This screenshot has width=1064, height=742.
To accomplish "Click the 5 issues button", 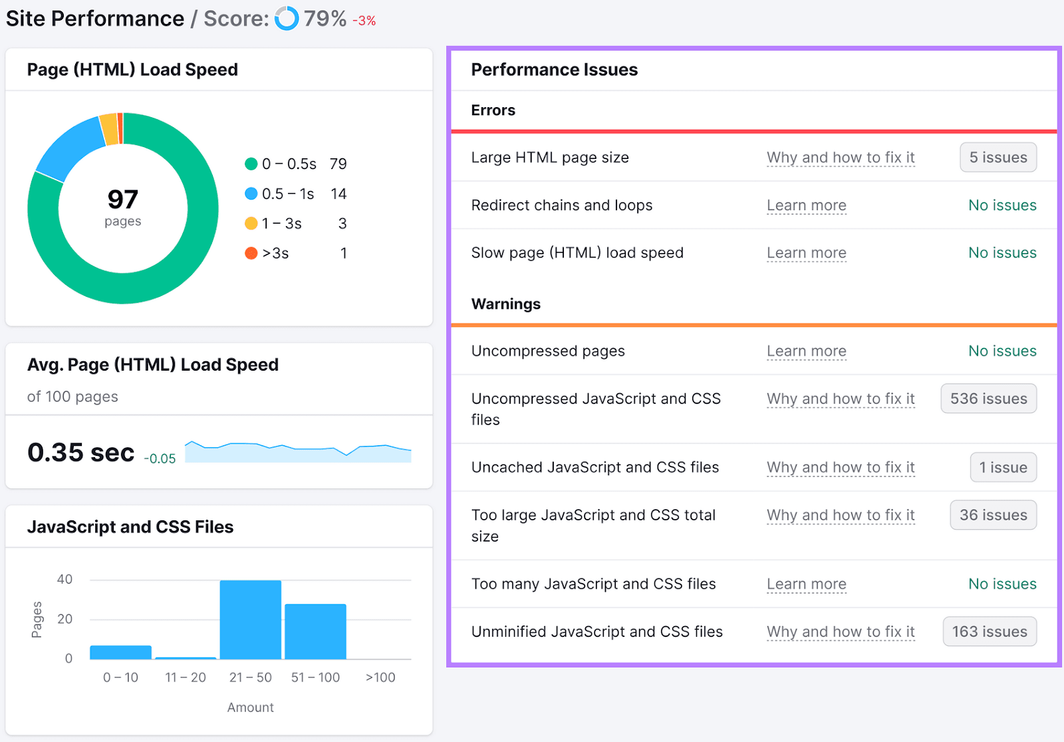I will [997, 158].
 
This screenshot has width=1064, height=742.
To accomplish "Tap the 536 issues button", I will [988, 399].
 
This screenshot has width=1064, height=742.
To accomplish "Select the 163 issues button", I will [989, 632].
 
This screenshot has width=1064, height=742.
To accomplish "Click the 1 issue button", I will [1003, 467].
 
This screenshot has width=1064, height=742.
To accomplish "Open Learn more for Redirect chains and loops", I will [806, 206].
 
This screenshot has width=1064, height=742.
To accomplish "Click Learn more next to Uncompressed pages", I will [806, 351].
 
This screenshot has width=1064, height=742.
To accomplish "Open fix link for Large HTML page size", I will [841, 158].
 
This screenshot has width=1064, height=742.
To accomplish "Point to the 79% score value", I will [325, 19].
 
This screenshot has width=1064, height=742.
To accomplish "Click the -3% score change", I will [364, 21].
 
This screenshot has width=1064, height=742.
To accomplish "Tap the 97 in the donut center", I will [123, 200].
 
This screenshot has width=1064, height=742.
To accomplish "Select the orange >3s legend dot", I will [251, 253].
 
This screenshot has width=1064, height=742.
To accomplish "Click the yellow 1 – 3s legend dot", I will [251, 224].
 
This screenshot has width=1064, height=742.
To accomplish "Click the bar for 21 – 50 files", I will [250, 620].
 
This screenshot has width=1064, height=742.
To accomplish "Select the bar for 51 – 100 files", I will [315, 632].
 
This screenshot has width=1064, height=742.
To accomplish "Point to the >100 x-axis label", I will [380, 677].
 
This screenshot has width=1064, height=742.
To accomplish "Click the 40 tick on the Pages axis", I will [65, 580].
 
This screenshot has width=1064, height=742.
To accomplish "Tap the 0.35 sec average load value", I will [80, 453].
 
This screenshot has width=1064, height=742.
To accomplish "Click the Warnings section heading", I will [505, 304].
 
